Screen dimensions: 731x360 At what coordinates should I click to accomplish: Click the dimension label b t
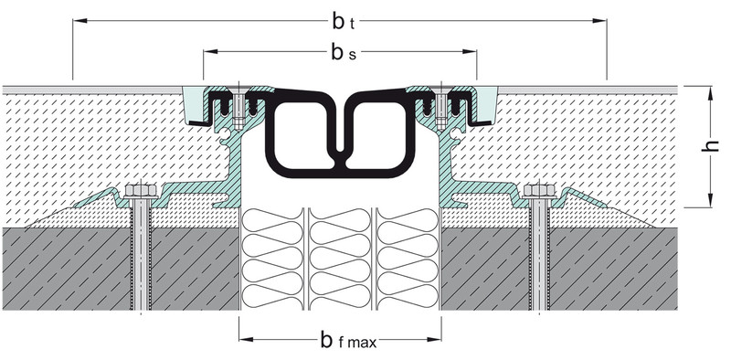(x=344, y=22)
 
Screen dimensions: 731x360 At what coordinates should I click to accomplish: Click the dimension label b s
(x=344, y=53)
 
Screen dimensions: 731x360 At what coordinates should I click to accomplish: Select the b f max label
(x=348, y=340)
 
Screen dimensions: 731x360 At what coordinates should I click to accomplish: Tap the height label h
(x=710, y=145)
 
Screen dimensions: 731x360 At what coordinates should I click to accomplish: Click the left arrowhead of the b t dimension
(x=79, y=20)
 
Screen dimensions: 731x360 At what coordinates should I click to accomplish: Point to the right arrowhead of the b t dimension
(x=599, y=20)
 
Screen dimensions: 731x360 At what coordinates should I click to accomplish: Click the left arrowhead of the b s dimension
(x=211, y=51)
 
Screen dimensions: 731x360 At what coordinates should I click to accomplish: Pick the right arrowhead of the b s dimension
(x=470, y=51)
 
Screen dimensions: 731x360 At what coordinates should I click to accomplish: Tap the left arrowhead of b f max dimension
(x=246, y=339)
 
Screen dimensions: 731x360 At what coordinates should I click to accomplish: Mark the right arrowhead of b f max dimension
(x=434, y=339)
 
